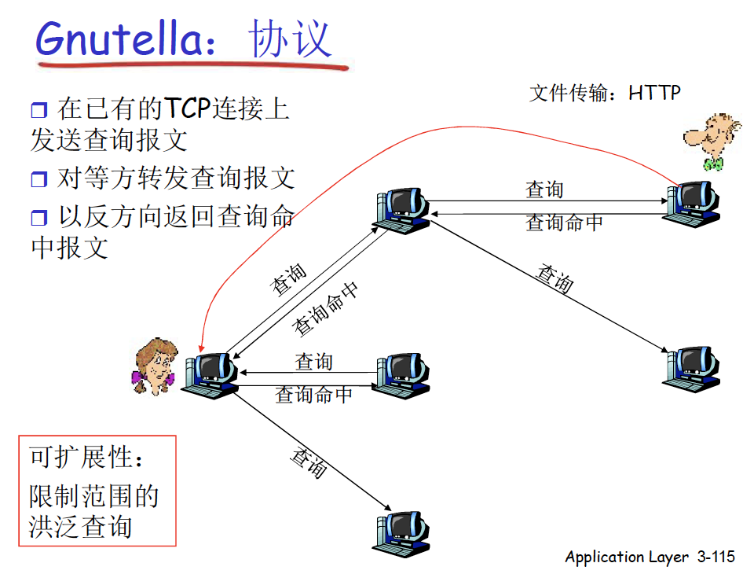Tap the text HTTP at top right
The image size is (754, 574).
(x=654, y=93)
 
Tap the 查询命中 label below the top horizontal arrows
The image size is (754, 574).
(x=564, y=223)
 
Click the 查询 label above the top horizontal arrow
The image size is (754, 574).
(x=544, y=190)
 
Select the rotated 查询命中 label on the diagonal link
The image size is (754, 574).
(x=326, y=307)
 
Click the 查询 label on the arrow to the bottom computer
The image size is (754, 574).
(x=309, y=462)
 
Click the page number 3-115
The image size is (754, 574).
(x=715, y=557)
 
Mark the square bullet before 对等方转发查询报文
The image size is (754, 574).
(x=39, y=179)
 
